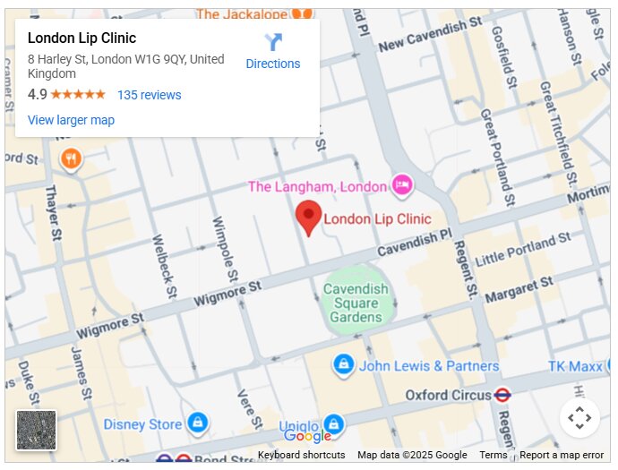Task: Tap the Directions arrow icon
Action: coord(273,42)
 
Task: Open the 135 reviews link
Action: coord(149,95)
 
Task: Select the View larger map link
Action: coord(71,120)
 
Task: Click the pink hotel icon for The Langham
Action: coord(402,185)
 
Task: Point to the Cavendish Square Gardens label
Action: coord(356,303)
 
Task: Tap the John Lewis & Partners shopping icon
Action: coord(343,365)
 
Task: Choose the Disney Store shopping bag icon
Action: coord(198,423)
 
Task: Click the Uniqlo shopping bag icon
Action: coord(333,424)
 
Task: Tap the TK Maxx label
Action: coord(575,366)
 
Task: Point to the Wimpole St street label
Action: coord(224,242)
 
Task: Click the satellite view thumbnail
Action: coord(37,430)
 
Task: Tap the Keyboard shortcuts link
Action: coord(301,455)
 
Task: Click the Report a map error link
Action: coord(562,455)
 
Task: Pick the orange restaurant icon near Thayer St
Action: coord(72,159)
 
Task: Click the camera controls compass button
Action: coord(579,417)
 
